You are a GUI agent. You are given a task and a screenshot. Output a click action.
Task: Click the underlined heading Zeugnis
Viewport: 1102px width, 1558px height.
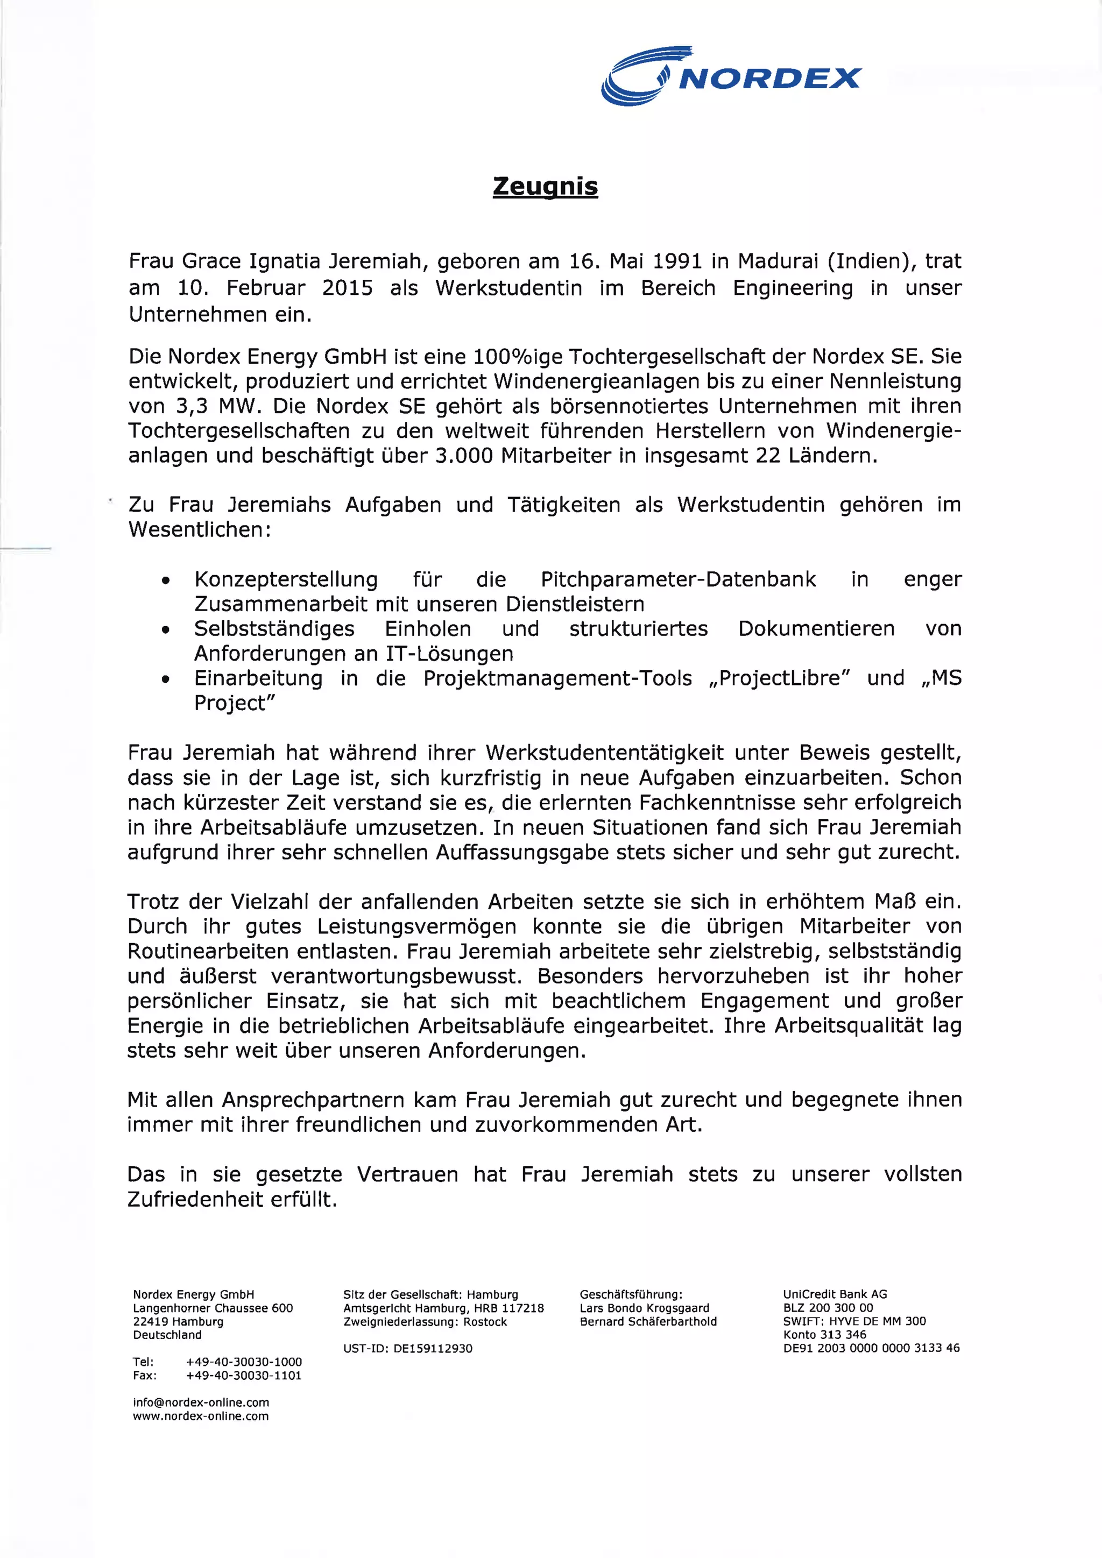(x=545, y=186)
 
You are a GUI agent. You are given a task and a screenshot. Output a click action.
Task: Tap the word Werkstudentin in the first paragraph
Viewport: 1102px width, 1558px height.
(x=508, y=288)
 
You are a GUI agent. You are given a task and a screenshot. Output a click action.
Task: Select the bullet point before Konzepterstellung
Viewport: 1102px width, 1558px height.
(x=165, y=582)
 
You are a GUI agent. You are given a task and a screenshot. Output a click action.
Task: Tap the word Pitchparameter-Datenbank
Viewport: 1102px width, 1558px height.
(x=678, y=579)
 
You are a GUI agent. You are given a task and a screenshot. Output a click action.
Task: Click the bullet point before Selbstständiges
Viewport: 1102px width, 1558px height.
(x=165, y=631)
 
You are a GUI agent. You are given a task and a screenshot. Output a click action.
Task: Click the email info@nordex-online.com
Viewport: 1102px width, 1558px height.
(x=201, y=1403)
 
